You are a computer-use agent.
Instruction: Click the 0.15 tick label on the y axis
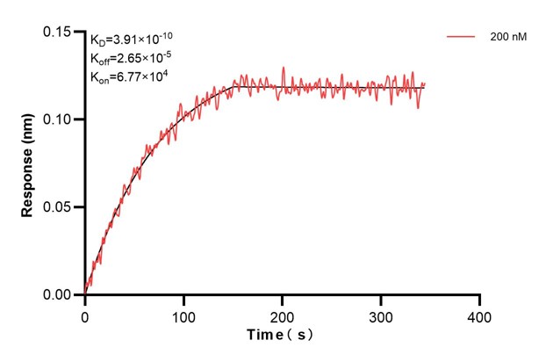[58, 32]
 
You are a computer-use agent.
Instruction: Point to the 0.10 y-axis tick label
[58, 119]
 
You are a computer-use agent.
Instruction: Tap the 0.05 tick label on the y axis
[58, 207]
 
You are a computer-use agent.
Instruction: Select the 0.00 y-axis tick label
[58, 295]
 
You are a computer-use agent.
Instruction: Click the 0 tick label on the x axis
[85, 315]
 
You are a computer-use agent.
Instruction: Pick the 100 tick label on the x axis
[183, 315]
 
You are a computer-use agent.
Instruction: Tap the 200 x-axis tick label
[283, 315]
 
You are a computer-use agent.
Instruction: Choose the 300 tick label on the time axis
[381, 315]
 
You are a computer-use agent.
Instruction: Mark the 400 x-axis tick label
[479, 315]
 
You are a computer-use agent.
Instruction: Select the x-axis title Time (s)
[279, 336]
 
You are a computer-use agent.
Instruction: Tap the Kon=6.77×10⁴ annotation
[129, 76]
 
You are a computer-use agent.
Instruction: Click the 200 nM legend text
[508, 39]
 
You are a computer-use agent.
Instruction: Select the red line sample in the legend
[462, 39]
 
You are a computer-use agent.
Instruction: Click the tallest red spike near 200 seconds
[283, 68]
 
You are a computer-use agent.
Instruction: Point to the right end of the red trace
[425, 83]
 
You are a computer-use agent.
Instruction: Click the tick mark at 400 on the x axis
[479, 300]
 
